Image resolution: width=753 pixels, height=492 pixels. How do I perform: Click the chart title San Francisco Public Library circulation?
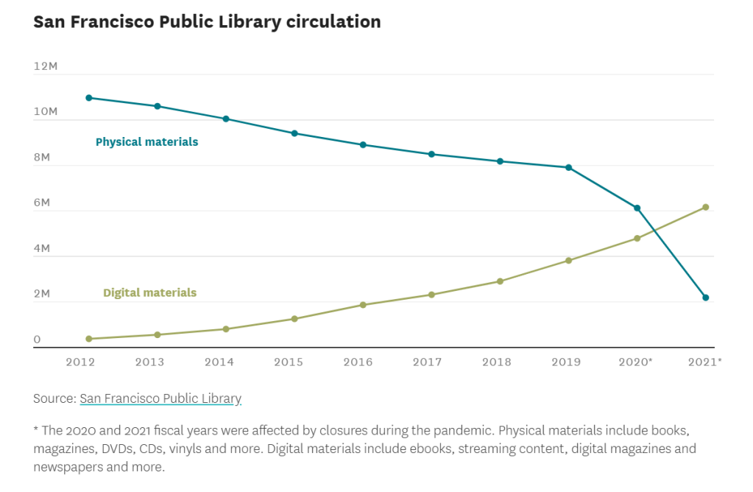(x=207, y=22)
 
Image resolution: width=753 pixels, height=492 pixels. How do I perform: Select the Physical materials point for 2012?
(x=89, y=97)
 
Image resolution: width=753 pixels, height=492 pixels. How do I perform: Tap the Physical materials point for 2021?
(x=705, y=298)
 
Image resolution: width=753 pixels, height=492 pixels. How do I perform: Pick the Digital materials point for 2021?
(x=705, y=207)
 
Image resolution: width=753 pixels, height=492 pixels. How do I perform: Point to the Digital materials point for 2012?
(x=89, y=339)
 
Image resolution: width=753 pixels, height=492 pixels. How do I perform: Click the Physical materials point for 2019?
(x=568, y=167)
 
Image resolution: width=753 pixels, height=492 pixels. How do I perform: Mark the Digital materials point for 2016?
(x=363, y=304)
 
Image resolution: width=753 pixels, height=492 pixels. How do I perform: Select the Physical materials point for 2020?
(x=637, y=208)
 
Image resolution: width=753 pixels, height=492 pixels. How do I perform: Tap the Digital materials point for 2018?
(x=500, y=281)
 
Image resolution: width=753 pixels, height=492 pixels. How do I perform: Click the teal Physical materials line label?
(x=146, y=141)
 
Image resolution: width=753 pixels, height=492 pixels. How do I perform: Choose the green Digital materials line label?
(x=149, y=292)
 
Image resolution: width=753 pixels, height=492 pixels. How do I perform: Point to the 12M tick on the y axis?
(x=45, y=66)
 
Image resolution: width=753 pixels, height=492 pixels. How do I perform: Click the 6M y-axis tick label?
(x=41, y=203)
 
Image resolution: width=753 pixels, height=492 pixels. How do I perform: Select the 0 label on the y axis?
(x=37, y=340)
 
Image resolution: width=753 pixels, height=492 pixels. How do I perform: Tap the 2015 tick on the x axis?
(x=288, y=362)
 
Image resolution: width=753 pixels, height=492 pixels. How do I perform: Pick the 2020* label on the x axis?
(x=636, y=362)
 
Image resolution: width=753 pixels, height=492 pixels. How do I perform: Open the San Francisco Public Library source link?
(x=160, y=398)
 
